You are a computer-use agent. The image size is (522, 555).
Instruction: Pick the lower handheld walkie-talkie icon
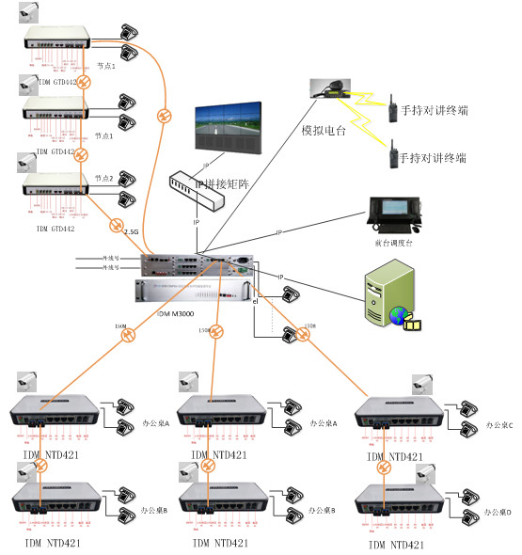(388, 153)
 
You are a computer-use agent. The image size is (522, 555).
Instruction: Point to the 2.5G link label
(117, 228)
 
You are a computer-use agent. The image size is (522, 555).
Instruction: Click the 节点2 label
(104, 179)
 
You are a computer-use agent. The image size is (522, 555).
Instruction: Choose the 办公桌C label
(498, 425)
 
